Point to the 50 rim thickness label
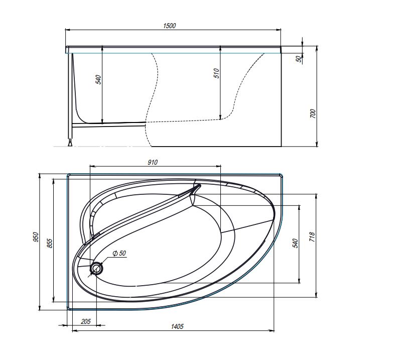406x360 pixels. (x=299, y=59)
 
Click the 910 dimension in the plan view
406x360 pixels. (x=153, y=162)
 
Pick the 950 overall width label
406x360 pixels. (x=36, y=237)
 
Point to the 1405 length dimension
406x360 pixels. (x=178, y=326)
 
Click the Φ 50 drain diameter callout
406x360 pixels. (x=118, y=253)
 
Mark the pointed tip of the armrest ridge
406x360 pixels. (x=199, y=186)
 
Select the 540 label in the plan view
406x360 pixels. (x=296, y=243)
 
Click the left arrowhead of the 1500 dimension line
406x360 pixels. (x=67, y=31)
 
